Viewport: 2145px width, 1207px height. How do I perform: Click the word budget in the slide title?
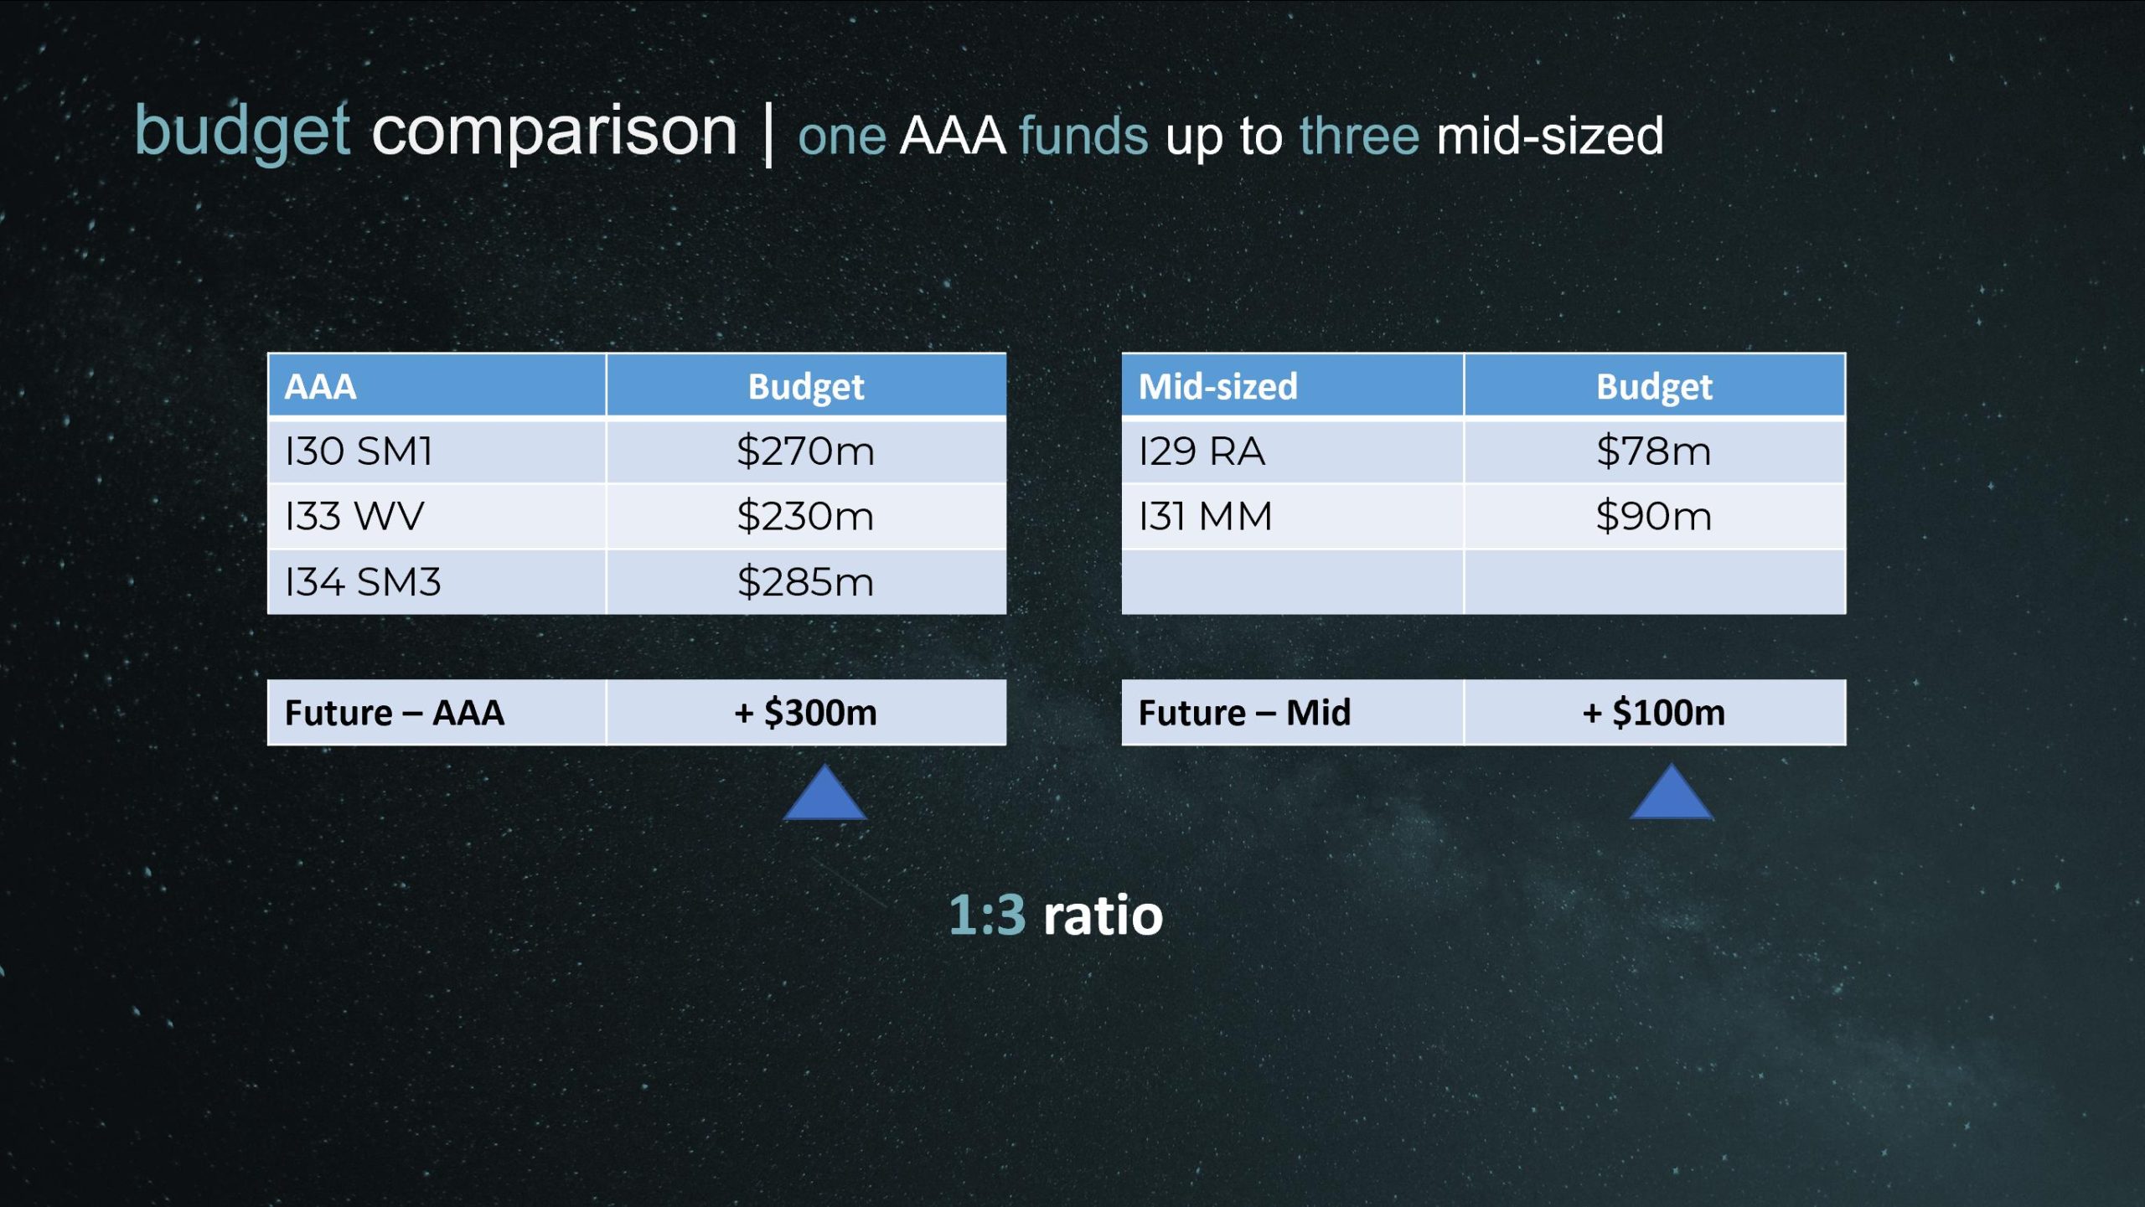click(x=241, y=133)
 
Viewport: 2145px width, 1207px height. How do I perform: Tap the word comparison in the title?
click(x=554, y=133)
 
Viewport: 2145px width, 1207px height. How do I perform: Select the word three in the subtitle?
click(x=1359, y=136)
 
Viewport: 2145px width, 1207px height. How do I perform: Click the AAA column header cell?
click(x=437, y=385)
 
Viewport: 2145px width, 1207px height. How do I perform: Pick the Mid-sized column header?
click(x=1292, y=385)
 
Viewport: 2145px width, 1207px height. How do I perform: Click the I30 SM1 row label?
click(x=359, y=451)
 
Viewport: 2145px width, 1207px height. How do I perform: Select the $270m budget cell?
click(x=805, y=451)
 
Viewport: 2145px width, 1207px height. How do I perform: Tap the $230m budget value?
click(x=805, y=516)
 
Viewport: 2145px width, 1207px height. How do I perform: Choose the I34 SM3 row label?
click(x=362, y=582)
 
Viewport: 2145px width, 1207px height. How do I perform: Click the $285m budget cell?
click(x=805, y=582)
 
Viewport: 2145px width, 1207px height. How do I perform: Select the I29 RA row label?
click(x=1202, y=451)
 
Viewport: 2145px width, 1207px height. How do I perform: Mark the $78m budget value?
click(x=1653, y=451)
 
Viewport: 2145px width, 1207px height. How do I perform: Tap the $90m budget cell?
click(x=1653, y=516)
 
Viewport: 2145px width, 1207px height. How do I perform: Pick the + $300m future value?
click(x=805, y=713)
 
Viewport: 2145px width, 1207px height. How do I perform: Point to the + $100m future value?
click(x=1653, y=713)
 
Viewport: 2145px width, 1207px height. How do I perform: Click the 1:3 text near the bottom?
click(x=987, y=915)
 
